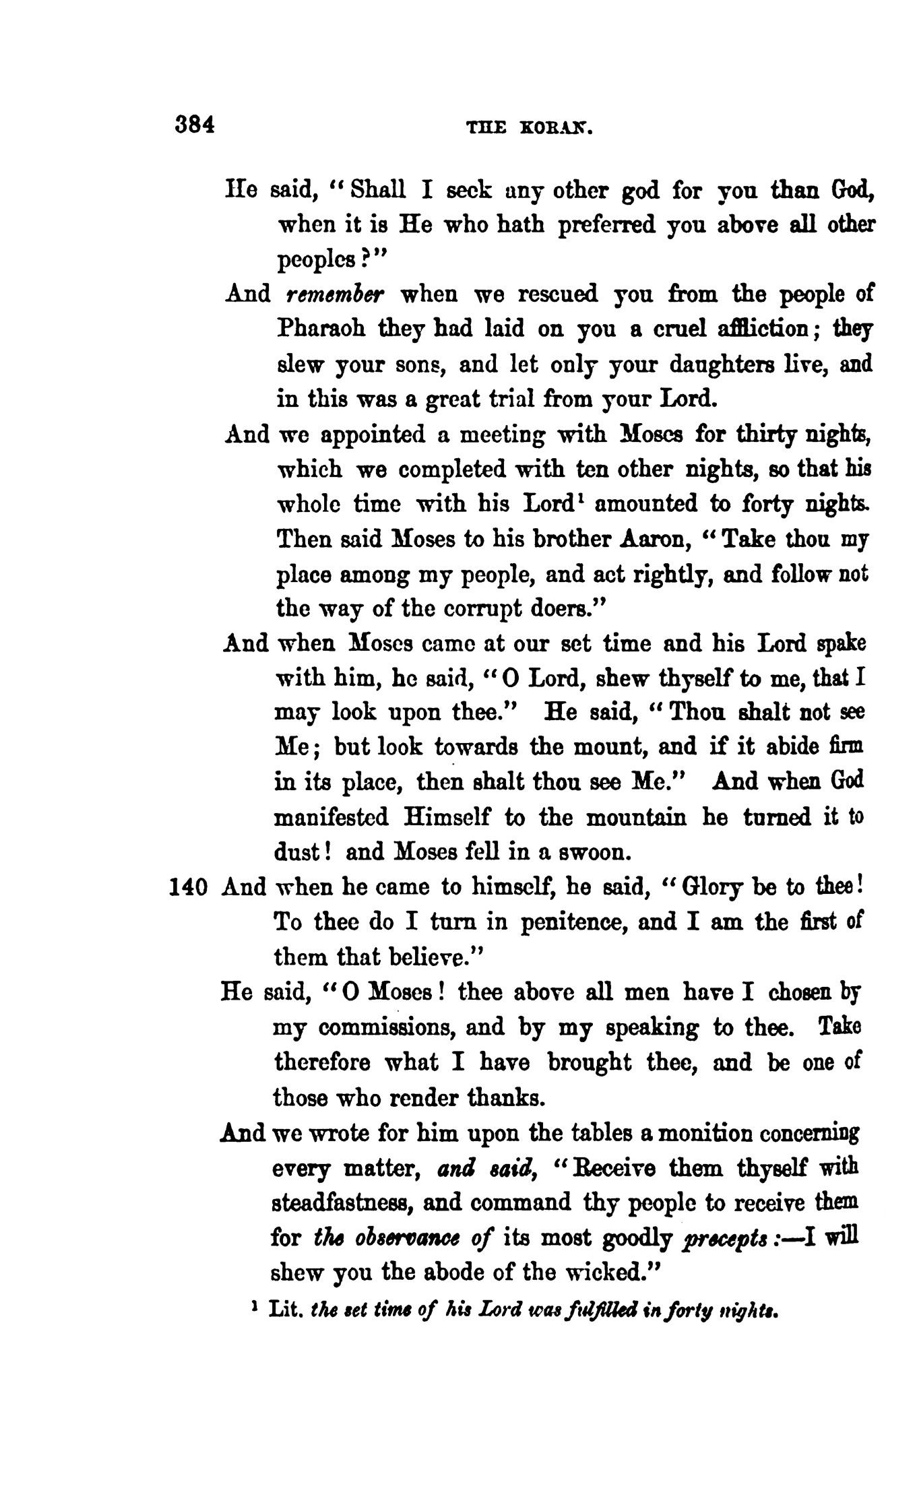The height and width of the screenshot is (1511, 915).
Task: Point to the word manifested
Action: coord(332,817)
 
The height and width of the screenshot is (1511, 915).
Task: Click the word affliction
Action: coord(750,329)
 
